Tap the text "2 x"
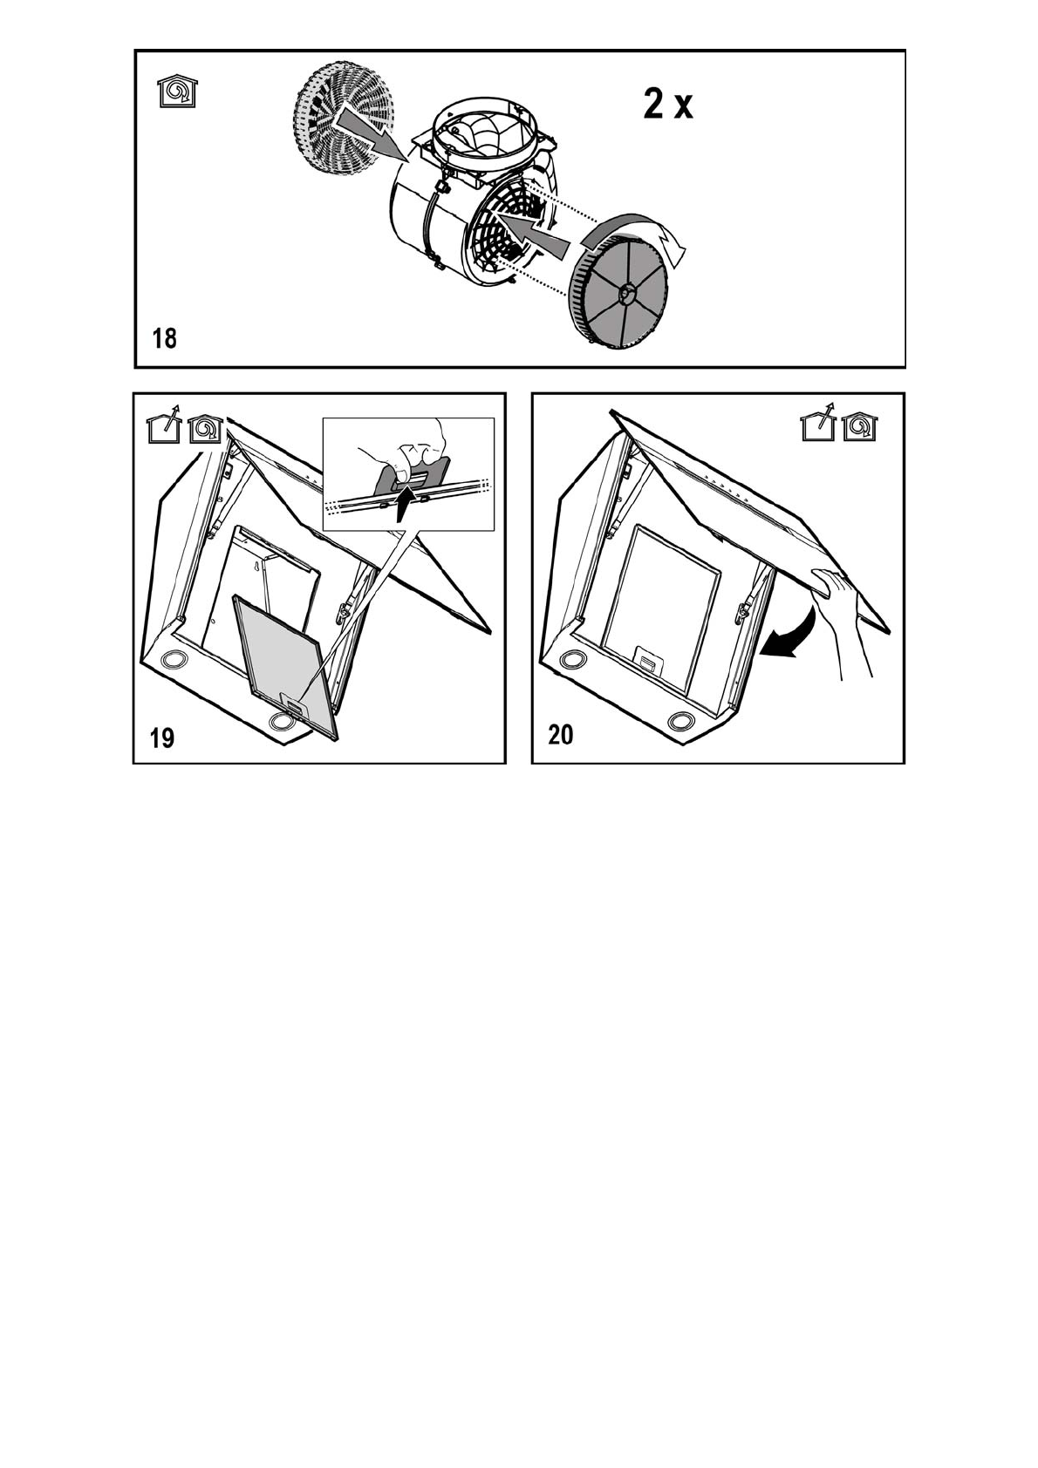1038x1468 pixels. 668,105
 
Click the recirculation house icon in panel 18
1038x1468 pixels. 177,91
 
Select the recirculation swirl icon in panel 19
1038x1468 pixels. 205,429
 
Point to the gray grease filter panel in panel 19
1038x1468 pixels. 286,663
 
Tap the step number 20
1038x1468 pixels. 561,735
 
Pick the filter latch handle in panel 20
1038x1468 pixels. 648,658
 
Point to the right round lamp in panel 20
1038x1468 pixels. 680,722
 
